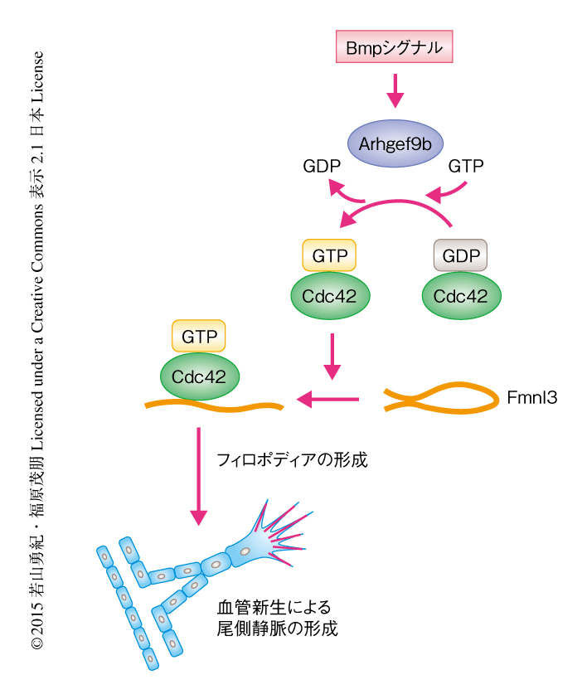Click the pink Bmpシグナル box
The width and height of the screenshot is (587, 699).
395,48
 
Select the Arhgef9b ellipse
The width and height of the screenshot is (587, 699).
395,143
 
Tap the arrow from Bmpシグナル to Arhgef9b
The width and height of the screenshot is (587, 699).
395,90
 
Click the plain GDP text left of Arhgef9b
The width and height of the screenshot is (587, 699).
323,167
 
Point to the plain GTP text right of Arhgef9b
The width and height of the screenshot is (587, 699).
466,167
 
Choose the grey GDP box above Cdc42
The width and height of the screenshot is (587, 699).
460,256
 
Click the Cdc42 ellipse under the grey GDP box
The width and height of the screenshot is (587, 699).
461,295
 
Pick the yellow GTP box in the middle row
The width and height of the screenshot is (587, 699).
329,256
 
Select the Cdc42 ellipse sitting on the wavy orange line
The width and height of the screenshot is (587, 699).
199,375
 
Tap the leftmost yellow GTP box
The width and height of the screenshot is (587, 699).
199,336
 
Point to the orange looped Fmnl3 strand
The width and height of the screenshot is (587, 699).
439,398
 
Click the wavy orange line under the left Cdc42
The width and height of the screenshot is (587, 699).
214,406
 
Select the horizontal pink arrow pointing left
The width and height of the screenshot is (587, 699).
328,400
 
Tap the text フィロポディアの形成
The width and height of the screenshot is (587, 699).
291,459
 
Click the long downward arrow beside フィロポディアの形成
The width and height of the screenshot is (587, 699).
198,477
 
